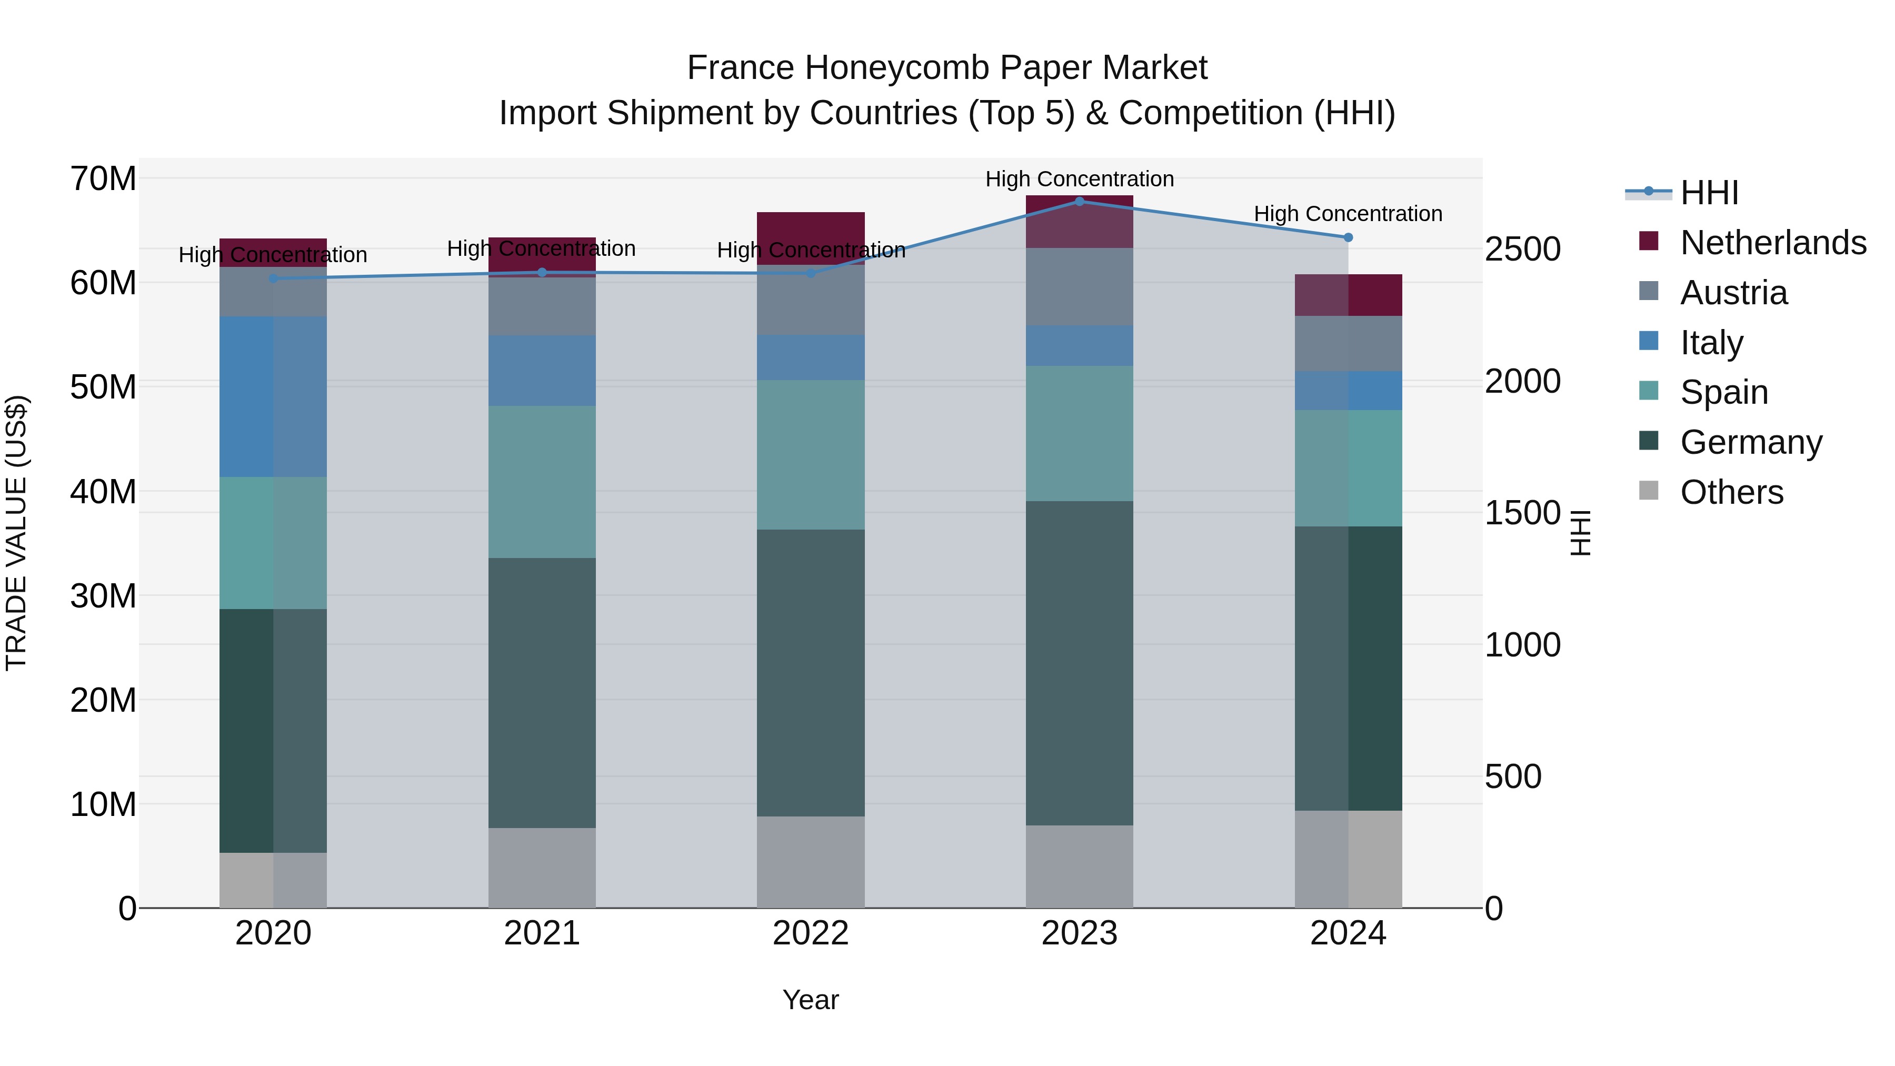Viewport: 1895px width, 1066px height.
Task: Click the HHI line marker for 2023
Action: pos(1079,201)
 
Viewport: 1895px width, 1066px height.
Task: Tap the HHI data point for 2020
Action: pos(273,278)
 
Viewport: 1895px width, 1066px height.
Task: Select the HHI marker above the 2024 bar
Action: pos(1348,237)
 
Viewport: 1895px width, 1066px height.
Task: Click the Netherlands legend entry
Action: pos(1773,243)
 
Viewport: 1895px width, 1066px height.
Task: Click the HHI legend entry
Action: pos(1709,193)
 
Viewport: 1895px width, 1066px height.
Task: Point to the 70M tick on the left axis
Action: pos(103,179)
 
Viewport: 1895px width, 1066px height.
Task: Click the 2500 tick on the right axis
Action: pos(1522,250)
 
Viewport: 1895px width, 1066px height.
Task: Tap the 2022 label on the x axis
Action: pos(811,933)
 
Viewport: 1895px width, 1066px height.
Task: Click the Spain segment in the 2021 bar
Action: pos(542,482)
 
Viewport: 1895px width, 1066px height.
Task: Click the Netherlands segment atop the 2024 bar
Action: pos(1348,295)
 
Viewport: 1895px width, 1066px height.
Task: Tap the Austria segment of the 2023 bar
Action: pos(1079,287)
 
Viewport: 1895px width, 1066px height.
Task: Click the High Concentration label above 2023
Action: pos(1079,179)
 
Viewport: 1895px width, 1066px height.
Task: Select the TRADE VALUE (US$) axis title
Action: pos(16,533)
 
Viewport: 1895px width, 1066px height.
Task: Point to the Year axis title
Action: pos(811,1000)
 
